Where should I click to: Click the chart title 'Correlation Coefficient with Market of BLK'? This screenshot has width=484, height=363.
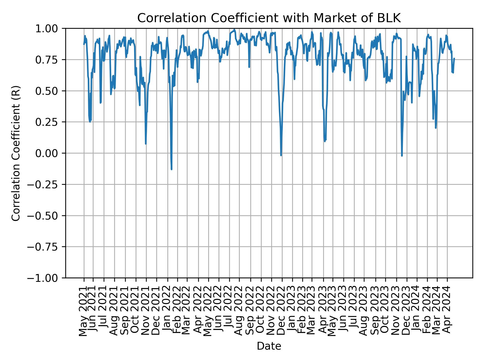tap(269, 18)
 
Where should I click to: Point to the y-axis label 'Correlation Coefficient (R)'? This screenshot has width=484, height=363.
tap(16, 153)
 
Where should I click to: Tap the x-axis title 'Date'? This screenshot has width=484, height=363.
tap(269, 346)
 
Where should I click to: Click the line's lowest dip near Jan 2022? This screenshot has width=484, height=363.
tap(171, 169)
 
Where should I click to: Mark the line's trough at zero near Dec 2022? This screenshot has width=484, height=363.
tap(281, 155)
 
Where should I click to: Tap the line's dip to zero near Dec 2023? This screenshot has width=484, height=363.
tap(402, 156)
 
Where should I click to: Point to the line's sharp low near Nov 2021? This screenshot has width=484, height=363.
tap(146, 144)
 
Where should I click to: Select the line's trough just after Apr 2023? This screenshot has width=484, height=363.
tap(325, 141)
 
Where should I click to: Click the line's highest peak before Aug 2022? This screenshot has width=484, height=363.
tap(234, 30)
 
